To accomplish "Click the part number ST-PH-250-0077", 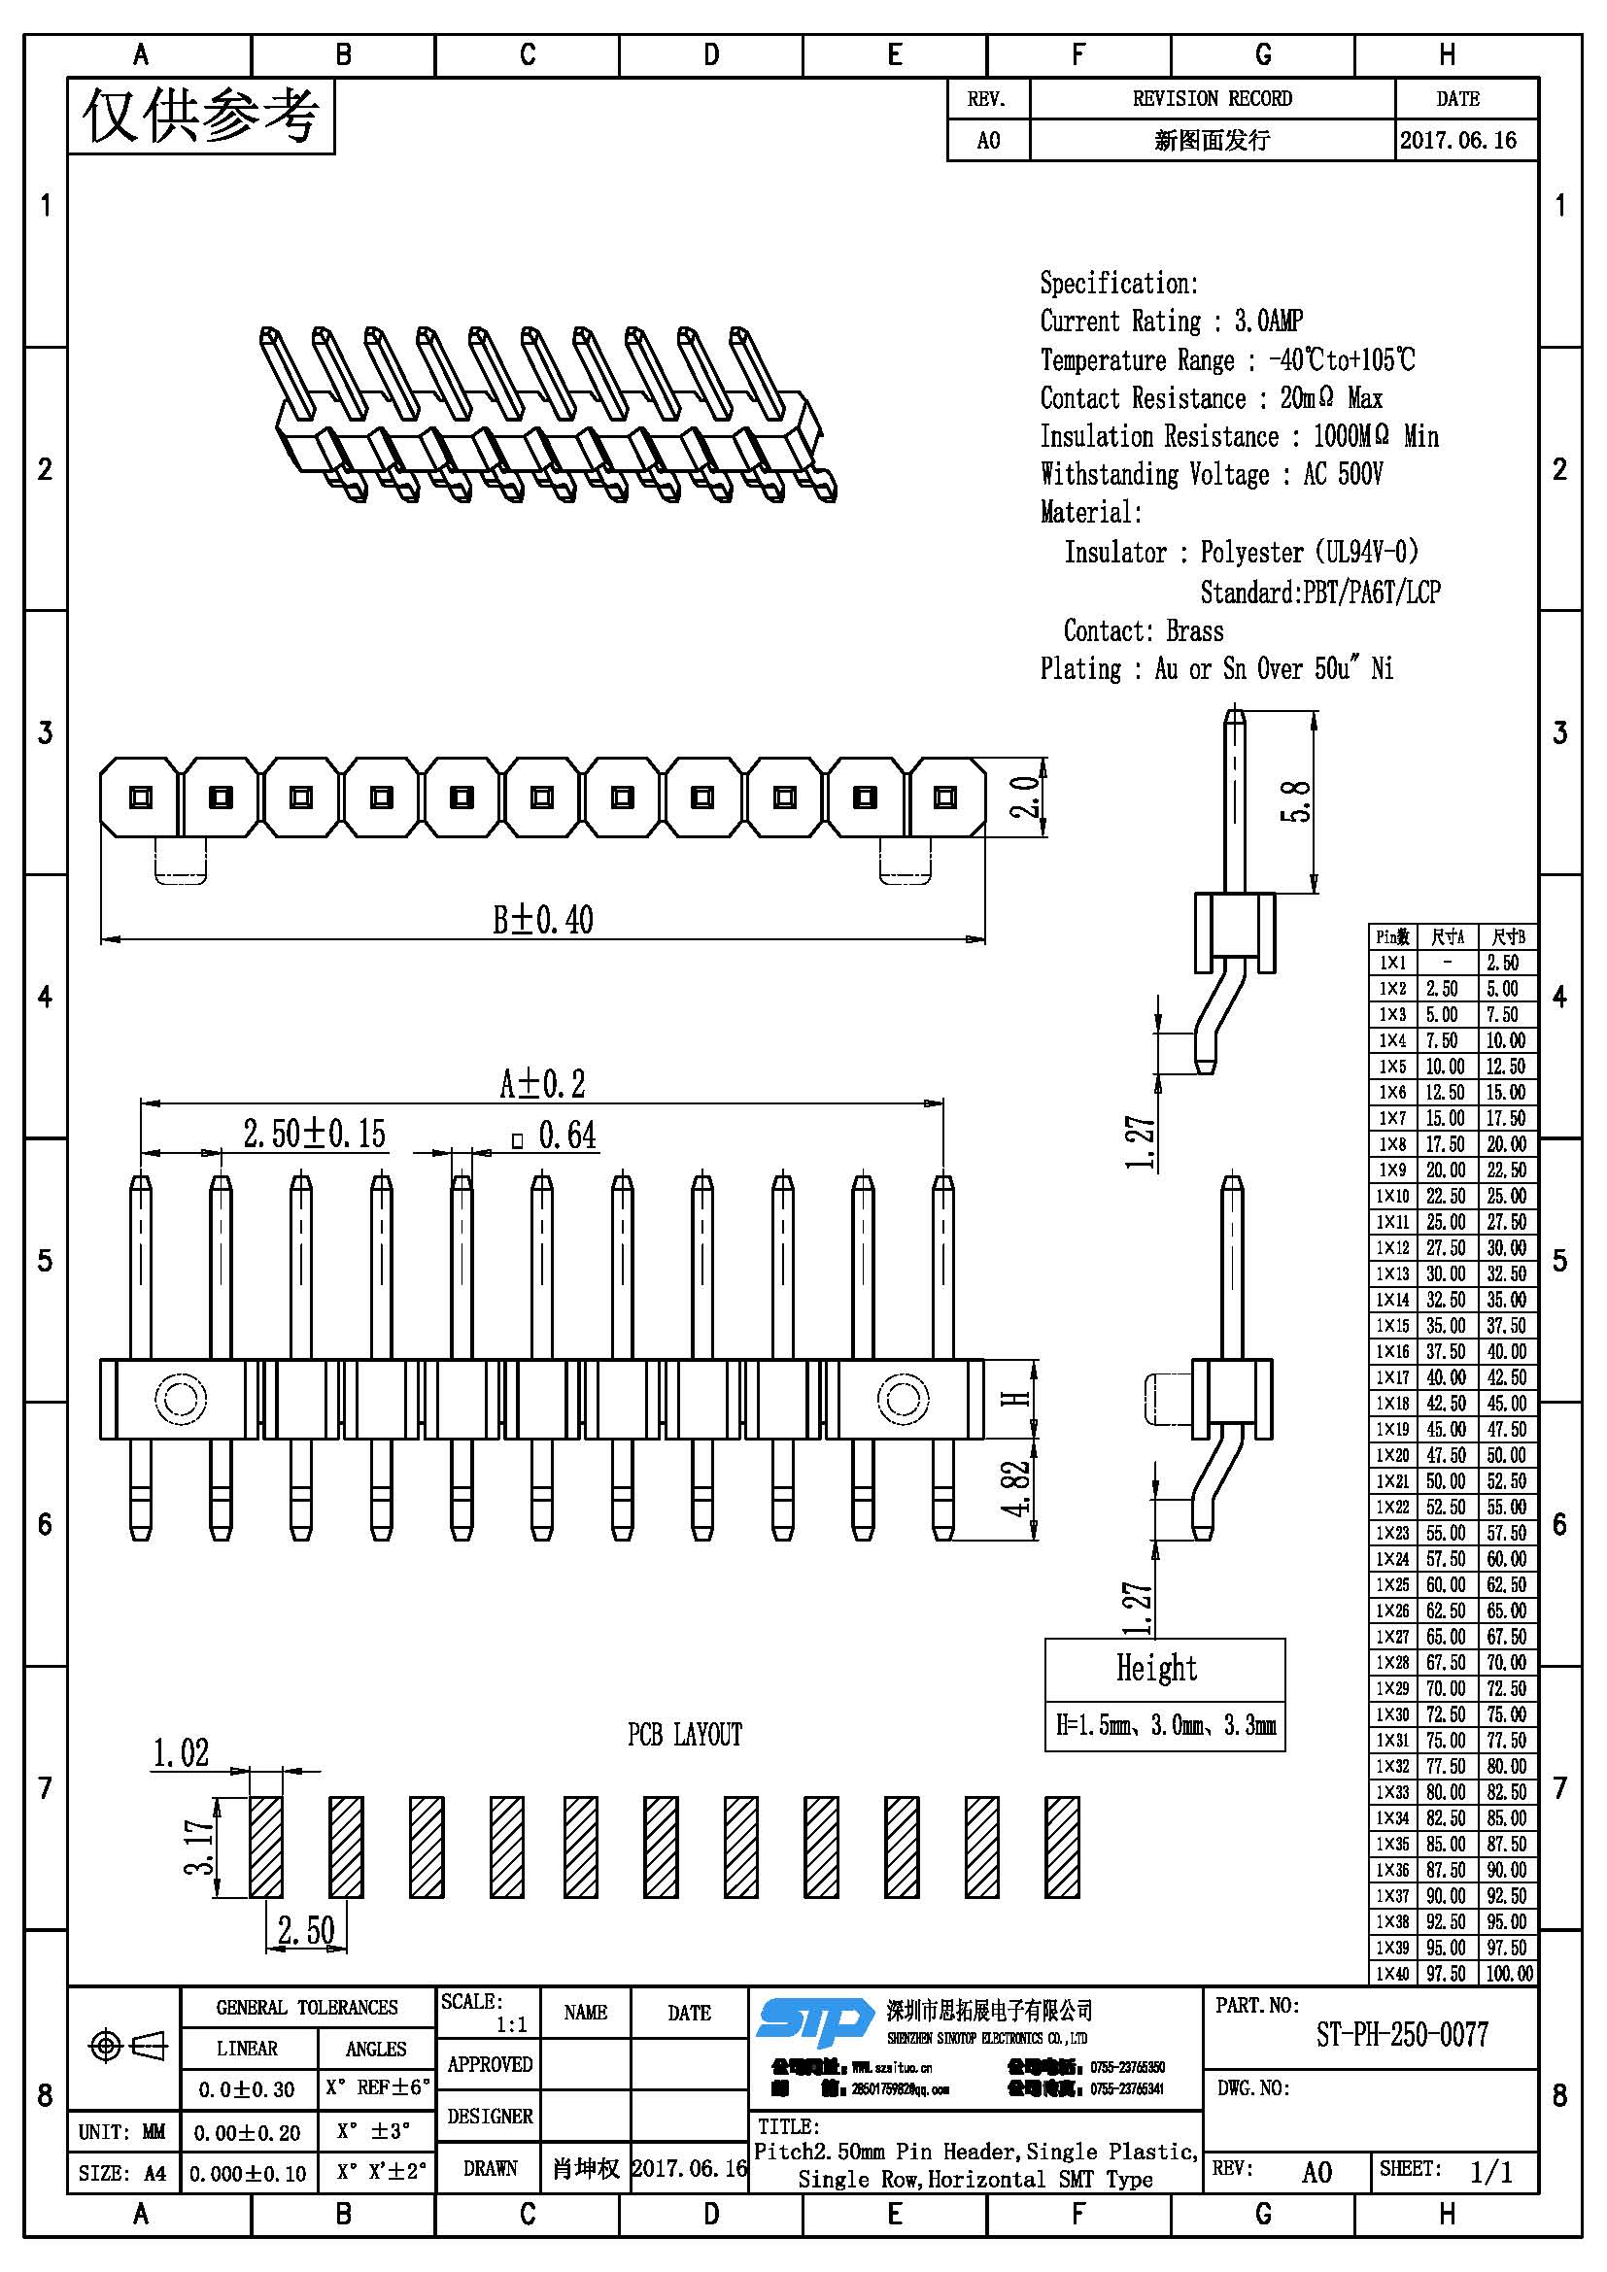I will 1401,2035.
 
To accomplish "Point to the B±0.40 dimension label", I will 543,919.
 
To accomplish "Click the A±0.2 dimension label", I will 542,1084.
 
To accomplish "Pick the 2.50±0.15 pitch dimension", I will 315,1134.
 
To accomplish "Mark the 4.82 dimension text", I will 1016,1489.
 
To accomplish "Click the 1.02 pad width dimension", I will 181,1753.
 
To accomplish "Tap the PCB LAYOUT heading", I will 684,1735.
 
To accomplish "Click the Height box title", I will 1157,1669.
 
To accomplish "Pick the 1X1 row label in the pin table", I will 1392,963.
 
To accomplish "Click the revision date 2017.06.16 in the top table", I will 1458,141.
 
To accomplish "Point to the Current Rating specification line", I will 1171,322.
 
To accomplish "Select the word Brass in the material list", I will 1194,631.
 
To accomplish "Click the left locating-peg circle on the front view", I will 181,1398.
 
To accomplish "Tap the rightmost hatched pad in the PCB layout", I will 1062,1847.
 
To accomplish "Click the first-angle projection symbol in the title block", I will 127,2045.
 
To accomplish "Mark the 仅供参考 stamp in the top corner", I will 201,117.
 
